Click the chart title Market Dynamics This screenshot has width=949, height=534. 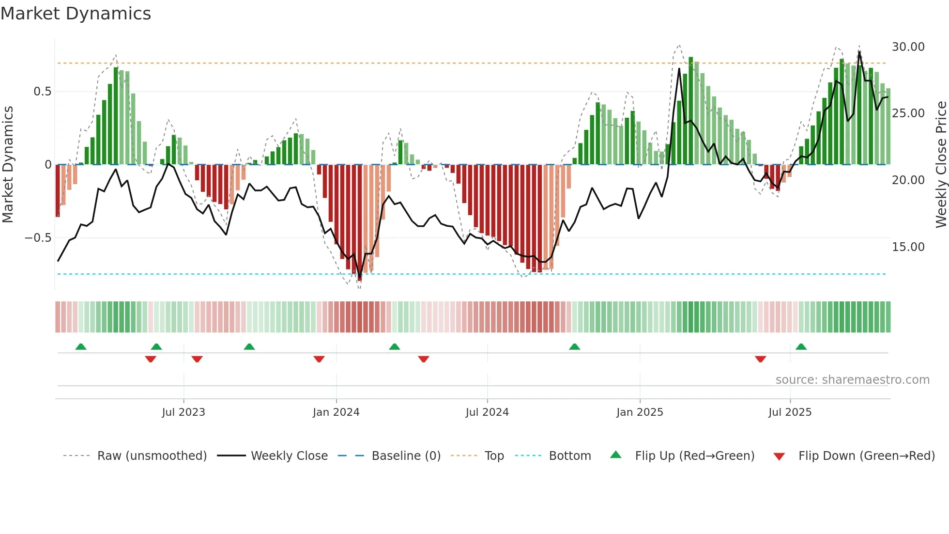[x=76, y=14]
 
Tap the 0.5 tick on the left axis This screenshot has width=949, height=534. [x=42, y=92]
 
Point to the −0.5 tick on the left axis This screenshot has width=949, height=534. [x=38, y=238]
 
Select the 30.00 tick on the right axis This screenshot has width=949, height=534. [x=908, y=47]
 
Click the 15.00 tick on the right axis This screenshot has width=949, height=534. [x=908, y=247]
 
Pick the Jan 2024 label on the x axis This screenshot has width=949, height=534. [x=336, y=412]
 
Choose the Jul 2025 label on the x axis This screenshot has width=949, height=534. [x=790, y=412]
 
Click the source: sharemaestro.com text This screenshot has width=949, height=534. [x=852, y=380]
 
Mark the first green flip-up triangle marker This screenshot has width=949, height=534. [x=81, y=347]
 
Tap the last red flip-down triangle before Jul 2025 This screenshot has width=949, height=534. [x=760, y=359]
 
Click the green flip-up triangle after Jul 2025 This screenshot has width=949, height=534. [x=801, y=347]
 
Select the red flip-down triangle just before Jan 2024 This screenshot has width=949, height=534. [x=319, y=359]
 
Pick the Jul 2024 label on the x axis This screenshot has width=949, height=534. [x=487, y=412]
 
